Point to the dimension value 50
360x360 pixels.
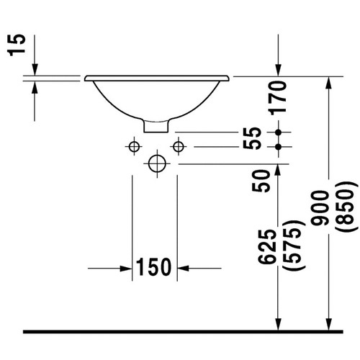(x=263, y=179)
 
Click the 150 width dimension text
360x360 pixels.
(x=155, y=268)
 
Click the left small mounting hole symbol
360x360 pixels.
(x=132, y=146)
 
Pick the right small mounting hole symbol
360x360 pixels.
(x=178, y=146)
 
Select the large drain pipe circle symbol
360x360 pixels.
(x=156, y=163)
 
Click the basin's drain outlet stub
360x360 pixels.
(x=156, y=127)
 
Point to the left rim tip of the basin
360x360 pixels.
(x=86, y=77)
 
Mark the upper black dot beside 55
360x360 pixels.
(x=279, y=132)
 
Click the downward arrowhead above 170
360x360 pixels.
(x=279, y=68)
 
